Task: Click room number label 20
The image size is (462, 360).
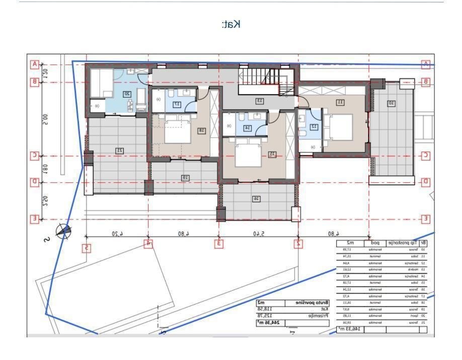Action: (x=127, y=94)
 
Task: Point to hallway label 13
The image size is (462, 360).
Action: (x=260, y=101)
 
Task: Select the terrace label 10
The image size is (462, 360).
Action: (x=391, y=103)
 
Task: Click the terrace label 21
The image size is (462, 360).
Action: (x=120, y=150)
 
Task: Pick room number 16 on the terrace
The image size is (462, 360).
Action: (x=256, y=199)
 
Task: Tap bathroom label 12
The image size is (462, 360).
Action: (x=314, y=127)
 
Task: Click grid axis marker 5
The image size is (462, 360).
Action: (x=87, y=247)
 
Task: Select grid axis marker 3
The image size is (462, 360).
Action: (x=219, y=244)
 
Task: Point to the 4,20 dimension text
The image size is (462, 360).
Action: (x=117, y=233)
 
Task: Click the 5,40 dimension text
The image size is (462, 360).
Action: (x=258, y=233)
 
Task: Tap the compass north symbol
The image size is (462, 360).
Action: (x=63, y=231)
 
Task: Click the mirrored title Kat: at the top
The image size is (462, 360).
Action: (x=232, y=24)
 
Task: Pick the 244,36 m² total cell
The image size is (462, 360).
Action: (x=268, y=323)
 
